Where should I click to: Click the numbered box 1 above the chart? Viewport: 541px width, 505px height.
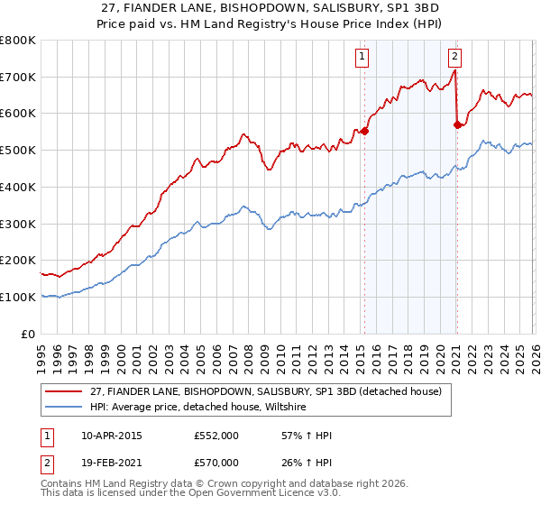(x=362, y=56)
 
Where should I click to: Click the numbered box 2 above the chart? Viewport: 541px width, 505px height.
(x=454, y=56)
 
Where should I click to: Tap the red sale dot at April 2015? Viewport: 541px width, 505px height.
(x=365, y=132)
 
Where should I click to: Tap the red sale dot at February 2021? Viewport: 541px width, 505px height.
(x=458, y=125)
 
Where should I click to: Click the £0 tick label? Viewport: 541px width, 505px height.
(x=28, y=334)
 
